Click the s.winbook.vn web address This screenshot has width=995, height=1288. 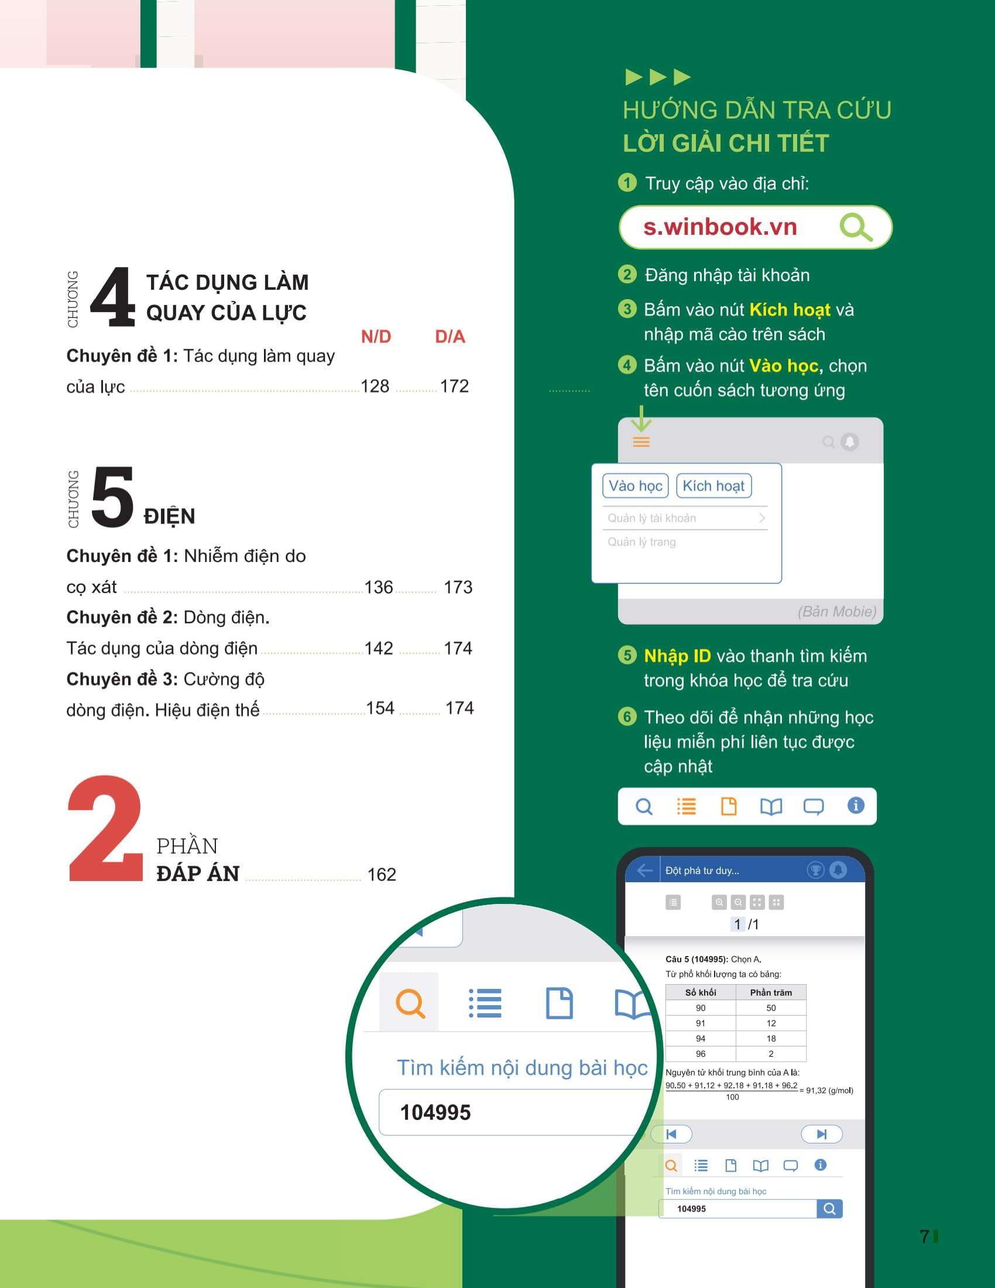click(720, 227)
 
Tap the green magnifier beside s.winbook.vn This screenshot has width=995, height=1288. click(856, 228)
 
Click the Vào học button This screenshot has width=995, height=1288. click(636, 486)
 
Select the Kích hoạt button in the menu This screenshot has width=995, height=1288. click(713, 486)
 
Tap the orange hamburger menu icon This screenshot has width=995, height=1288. click(641, 441)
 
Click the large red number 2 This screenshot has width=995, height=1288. click(105, 828)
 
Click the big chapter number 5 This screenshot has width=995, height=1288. click(112, 496)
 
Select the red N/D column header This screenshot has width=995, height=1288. click(376, 337)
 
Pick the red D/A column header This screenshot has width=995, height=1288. click(450, 337)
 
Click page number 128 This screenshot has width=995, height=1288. click(375, 386)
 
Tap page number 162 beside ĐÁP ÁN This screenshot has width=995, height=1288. click(382, 875)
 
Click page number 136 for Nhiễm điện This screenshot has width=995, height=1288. click(379, 587)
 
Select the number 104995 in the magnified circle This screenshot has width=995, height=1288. click(435, 1113)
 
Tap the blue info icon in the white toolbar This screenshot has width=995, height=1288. click(856, 805)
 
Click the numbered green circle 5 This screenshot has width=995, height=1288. click(627, 655)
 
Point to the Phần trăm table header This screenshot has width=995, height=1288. click(771, 992)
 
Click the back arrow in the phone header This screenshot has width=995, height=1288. click(645, 871)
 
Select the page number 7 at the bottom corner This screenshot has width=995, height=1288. click(924, 1236)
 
